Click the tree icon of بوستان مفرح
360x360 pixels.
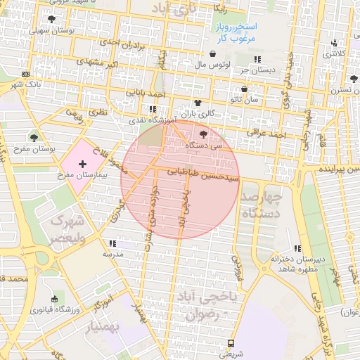pos(34,138)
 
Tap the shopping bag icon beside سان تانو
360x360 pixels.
pos(244,89)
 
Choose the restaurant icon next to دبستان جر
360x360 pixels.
pos(257,59)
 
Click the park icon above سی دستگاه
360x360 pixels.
pos(204,134)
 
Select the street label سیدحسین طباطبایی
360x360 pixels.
pos(205,174)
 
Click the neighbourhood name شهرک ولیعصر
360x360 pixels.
pos(67,229)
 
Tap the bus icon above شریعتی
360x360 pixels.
pos(231,343)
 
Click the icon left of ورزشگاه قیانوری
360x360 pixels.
pos(54,300)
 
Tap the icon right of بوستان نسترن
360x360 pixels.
pos(353,79)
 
